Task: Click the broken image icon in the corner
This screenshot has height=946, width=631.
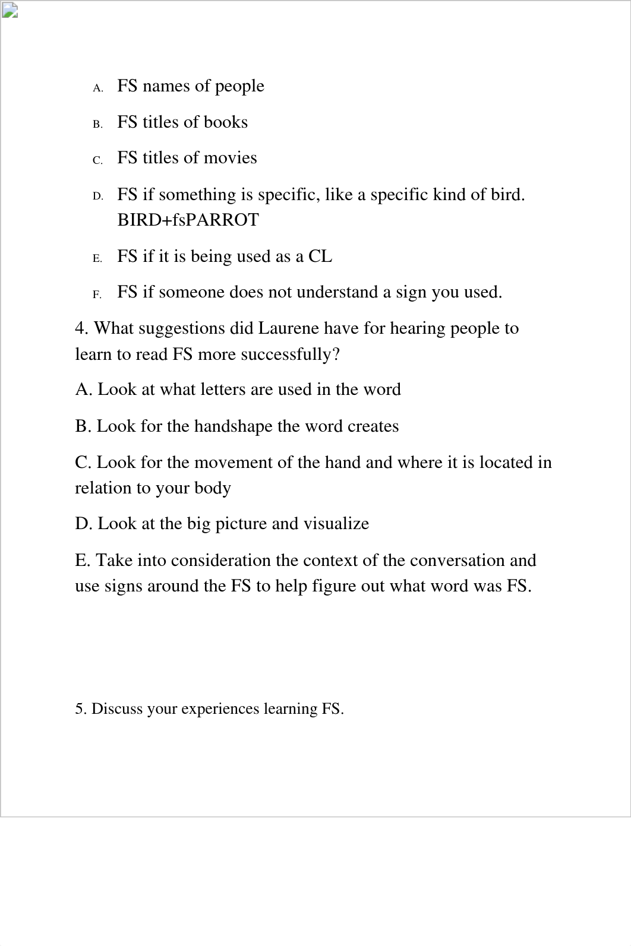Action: [10, 10]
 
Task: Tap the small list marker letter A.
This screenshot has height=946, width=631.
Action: [98, 88]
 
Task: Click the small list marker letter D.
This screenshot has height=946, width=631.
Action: [98, 197]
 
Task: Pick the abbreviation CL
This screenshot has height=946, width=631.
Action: [320, 257]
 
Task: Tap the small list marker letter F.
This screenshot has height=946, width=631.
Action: [97, 295]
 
